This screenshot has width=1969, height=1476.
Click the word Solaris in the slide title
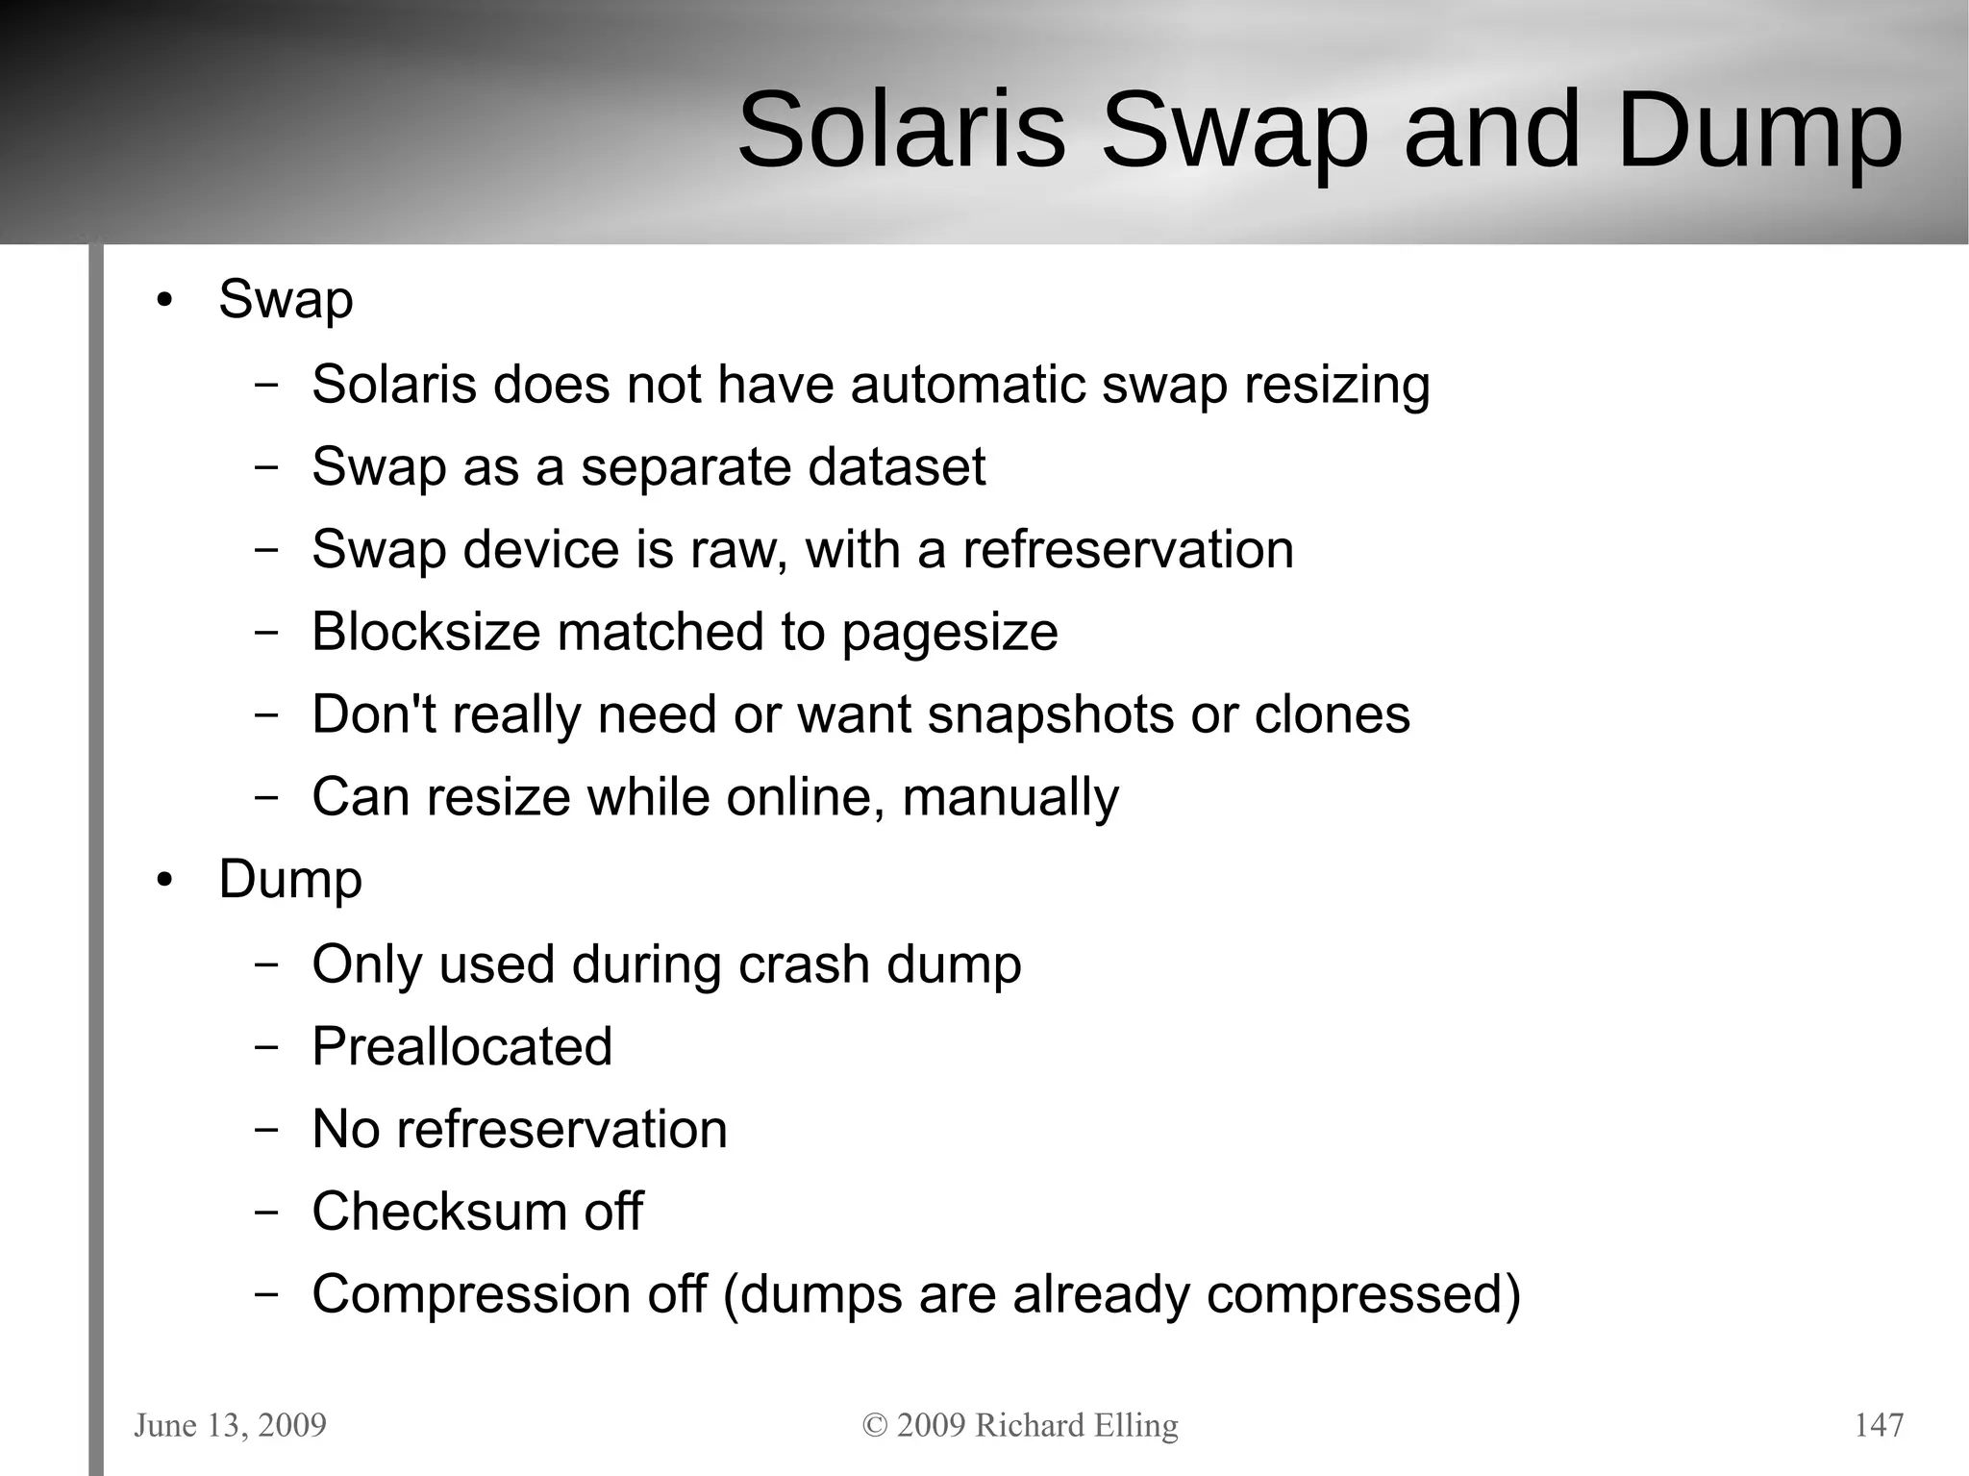click(x=902, y=130)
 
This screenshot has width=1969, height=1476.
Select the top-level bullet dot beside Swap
click(x=165, y=301)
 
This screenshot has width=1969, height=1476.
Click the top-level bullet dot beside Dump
click(x=165, y=881)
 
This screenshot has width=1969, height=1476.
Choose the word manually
click(x=1010, y=799)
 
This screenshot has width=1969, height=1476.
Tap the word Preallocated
click(x=461, y=1047)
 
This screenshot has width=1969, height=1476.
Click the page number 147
click(x=1878, y=1425)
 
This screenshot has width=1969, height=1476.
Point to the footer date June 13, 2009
click(x=230, y=1426)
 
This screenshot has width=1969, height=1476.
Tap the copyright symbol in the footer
click(x=874, y=1426)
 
